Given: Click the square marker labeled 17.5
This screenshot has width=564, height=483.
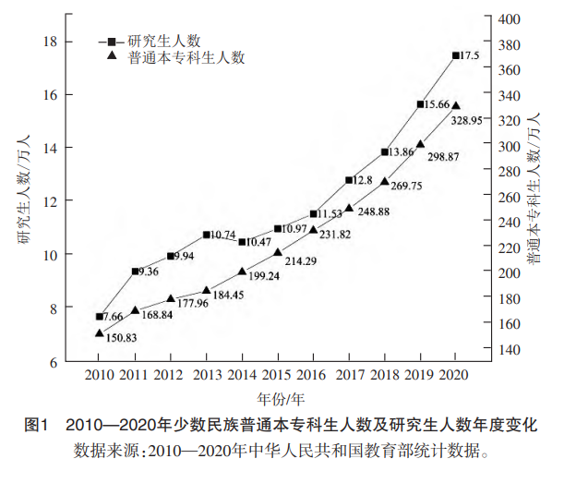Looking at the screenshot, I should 456,55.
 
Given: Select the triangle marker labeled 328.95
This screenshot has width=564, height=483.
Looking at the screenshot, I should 456,106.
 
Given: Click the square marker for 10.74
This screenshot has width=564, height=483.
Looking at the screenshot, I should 207,235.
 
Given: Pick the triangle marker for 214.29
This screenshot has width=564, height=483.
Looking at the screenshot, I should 278,251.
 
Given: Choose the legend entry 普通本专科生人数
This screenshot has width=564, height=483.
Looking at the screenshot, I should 185,56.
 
